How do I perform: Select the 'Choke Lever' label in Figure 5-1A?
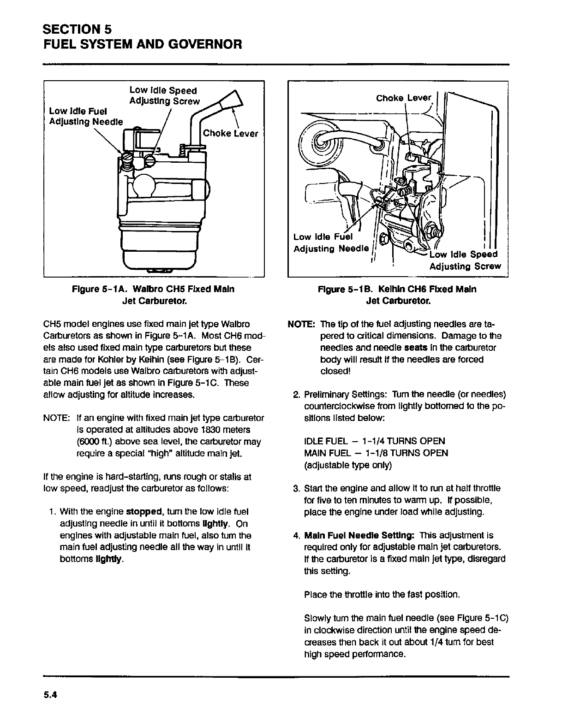click(x=230, y=134)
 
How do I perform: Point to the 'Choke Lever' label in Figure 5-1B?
click(x=404, y=98)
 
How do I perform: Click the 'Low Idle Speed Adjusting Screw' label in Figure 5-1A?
click(x=164, y=95)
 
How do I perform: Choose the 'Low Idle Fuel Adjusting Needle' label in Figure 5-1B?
click(x=331, y=243)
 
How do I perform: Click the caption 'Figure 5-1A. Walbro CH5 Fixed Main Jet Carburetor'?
click(x=153, y=295)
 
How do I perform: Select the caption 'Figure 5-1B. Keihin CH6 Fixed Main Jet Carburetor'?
click(x=397, y=295)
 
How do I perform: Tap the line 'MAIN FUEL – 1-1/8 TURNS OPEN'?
click(x=376, y=453)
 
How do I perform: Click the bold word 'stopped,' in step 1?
click(x=143, y=512)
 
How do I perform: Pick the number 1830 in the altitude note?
click(x=206, y=430)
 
